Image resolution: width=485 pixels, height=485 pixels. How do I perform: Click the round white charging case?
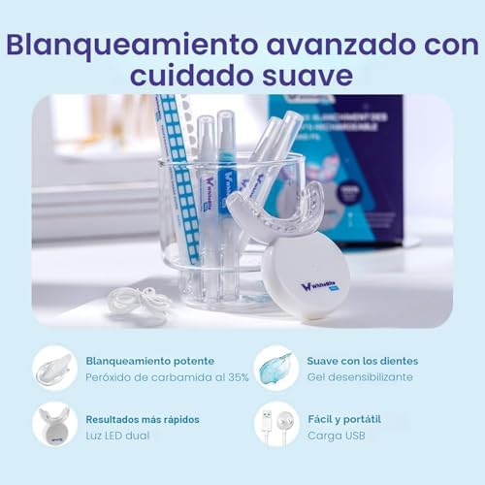click(306, 277)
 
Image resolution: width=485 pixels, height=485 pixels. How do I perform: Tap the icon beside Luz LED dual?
click(54, 424)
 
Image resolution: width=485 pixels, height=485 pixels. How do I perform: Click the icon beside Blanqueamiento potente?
click(54, 368)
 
